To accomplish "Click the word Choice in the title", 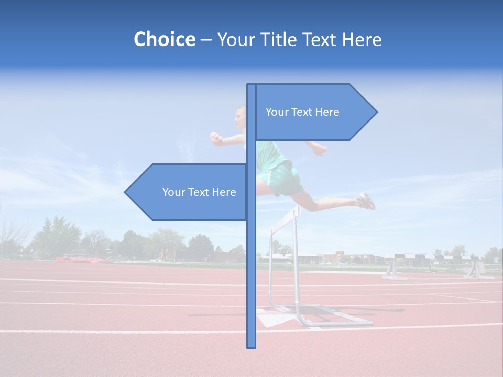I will [164, 40].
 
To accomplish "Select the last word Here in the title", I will [362, 40].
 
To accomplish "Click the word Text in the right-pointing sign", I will [302, 112].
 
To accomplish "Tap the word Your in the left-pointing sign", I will [173, 192].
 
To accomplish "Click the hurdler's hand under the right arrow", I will [319, 149].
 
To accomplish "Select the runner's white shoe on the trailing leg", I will [366, 201].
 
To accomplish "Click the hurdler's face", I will [240, 118].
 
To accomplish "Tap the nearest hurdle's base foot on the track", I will [335, 321].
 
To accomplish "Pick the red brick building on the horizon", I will [341, 257].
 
